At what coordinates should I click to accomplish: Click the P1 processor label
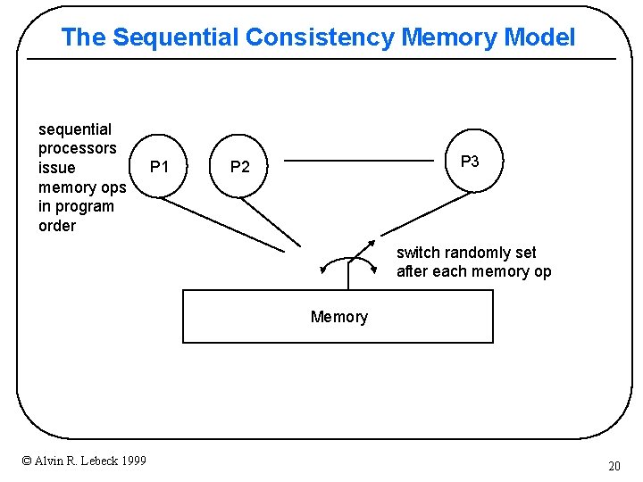click(160, 166)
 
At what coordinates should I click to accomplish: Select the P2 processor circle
click(240, 167)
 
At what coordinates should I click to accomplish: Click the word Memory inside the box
click(338, 317)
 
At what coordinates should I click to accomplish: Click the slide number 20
click(614, 465)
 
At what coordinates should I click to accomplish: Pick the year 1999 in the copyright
click(132, 461)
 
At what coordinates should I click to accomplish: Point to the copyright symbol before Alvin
click(26, 461)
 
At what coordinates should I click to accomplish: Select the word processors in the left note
click(77, 148)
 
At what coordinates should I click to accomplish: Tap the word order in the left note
click(57, 226)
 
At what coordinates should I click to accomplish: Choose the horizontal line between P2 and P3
click(358, 162)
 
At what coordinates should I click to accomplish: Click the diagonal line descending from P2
click(272, 222)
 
